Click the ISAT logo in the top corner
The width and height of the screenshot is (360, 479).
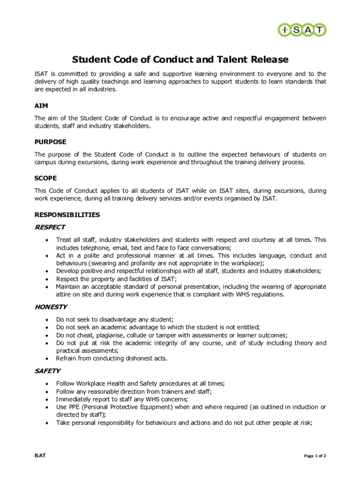(302, 30)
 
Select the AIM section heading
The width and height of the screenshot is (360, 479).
(41, 106)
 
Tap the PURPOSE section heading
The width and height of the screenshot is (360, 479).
(50, 142)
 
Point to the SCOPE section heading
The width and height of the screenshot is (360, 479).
(46, 178)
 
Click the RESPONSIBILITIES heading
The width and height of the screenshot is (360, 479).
(67, 215)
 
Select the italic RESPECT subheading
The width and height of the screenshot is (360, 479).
(50, 227)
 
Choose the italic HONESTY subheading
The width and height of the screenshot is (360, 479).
(51, 307)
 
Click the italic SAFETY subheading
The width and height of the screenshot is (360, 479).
(48, 371)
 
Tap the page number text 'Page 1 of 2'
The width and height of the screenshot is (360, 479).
(315, 456)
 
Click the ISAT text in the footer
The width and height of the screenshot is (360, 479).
(40, 456)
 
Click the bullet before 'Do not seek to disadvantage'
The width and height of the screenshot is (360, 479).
(47, 320)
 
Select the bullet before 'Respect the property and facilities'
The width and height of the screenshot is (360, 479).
(47, 279)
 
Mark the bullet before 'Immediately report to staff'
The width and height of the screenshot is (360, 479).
(47, 399)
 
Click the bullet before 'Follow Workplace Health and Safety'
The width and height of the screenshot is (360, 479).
(47, 384)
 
